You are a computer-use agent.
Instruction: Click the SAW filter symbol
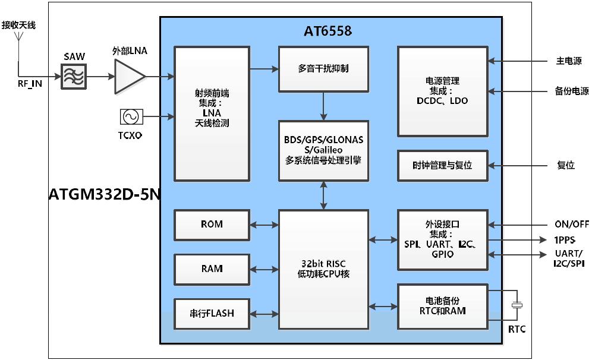tap(74, 77)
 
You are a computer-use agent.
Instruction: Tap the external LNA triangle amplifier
tap(128, 77)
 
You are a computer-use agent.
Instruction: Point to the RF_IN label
tap(30, 84)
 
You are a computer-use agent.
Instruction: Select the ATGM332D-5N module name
tap(105, 194)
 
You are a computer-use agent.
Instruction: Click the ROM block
tap(212, 225)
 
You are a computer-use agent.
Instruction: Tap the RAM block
tap(212, 269)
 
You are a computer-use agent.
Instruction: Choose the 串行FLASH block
tap(212, 313)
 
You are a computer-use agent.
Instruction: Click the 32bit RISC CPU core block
tap(323, 269)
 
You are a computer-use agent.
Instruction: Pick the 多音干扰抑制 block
tap(323, 69)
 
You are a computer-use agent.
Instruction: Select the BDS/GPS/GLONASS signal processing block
tap(323, 150)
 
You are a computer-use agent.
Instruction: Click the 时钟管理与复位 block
tap(442, 166)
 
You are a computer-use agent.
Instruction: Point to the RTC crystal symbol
tap(517, 306)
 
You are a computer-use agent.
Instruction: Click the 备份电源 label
tap(568, 91)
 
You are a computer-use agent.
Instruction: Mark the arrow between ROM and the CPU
tap(264, 225)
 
